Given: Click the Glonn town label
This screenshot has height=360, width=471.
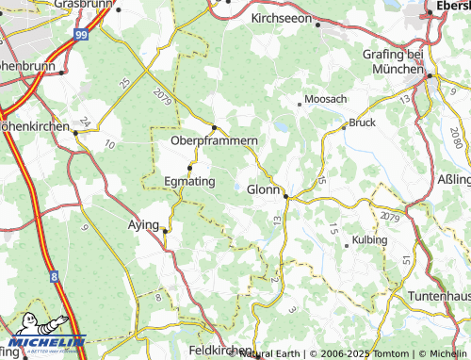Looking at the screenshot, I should (263, 188).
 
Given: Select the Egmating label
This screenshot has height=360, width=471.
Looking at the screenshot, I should (189, 180).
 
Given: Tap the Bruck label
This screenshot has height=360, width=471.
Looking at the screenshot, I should (363, 123).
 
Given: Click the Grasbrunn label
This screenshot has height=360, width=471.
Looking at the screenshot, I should (83, 5).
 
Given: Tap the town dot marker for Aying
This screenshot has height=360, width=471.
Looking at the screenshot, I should (166, 230).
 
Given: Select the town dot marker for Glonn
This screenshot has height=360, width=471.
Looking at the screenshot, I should (285, 197).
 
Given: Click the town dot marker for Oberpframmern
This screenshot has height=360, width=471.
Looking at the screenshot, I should (215, 128).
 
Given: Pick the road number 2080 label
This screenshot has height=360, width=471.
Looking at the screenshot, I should (457, 134).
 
